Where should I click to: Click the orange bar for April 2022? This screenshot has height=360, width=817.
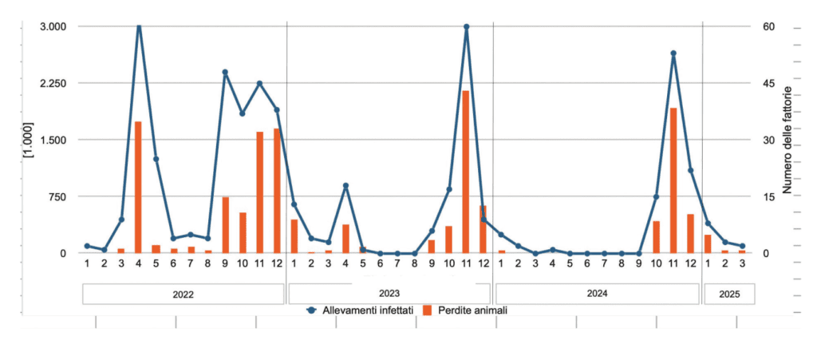138,188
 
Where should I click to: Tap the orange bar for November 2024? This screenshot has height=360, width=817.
673,180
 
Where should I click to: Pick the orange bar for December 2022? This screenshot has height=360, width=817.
277,191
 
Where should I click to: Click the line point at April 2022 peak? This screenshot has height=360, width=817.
139,27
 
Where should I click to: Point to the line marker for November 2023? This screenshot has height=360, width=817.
466,26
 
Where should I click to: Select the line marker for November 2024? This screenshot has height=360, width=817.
673,53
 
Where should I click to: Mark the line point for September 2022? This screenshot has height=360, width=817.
225,72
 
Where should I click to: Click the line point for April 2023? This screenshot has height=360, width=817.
345,185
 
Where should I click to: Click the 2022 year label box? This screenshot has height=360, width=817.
183,294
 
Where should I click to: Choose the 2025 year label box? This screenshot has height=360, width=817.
728,294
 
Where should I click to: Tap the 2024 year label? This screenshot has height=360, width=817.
597,294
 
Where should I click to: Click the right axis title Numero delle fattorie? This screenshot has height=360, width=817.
787,140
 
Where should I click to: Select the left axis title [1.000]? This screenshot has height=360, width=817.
29,140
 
